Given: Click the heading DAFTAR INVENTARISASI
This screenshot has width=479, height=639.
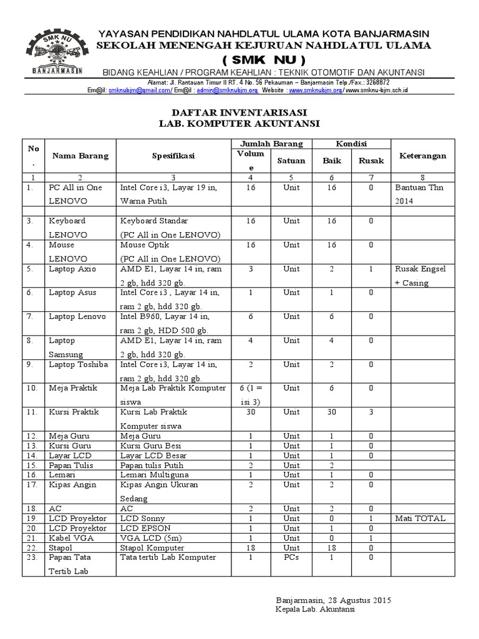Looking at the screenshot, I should (x=239, y=112).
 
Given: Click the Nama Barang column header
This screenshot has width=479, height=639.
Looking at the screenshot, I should (x=80, y=156).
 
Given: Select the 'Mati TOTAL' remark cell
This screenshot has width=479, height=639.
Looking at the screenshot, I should (x=420, y=518).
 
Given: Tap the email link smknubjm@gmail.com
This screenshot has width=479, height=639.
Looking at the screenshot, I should (x=140, y=90).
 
